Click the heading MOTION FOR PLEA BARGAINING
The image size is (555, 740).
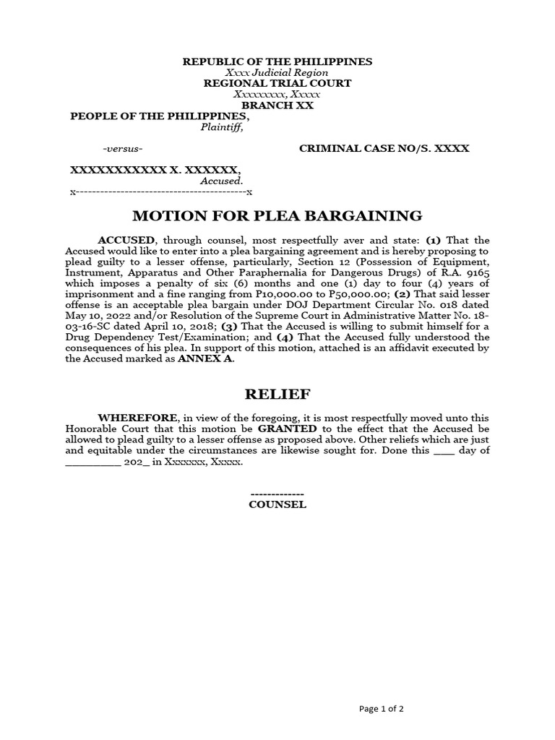(277, 215)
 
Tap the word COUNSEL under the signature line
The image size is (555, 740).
(277, 504)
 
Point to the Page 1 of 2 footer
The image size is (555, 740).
(382, 709)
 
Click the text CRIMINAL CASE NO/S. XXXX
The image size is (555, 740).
(384, 148)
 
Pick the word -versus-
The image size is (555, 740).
(123, 149)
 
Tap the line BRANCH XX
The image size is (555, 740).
(277, 106)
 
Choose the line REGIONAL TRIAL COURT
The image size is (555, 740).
(277, 83)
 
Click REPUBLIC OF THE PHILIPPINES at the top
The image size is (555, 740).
(277, 61)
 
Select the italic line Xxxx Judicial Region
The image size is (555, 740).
(277, 72)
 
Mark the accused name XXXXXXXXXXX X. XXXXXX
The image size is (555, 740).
(154, 170)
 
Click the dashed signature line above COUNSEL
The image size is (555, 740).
(277, 493)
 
